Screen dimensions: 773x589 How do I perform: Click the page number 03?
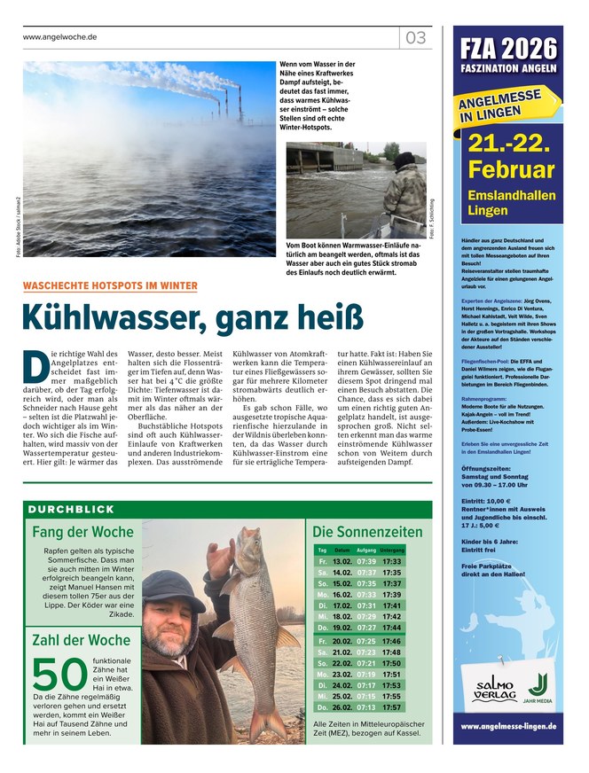coord(416,38)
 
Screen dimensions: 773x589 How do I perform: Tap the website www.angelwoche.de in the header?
coord(59,37)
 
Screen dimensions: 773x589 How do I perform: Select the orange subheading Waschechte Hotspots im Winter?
coord(110,285)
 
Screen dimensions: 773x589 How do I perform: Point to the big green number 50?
coord(60,675)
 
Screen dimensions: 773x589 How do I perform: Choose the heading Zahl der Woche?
coord(81,640)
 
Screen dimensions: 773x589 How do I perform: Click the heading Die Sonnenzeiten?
coord(367,532)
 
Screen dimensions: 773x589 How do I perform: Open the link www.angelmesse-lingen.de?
coord(507,726)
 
